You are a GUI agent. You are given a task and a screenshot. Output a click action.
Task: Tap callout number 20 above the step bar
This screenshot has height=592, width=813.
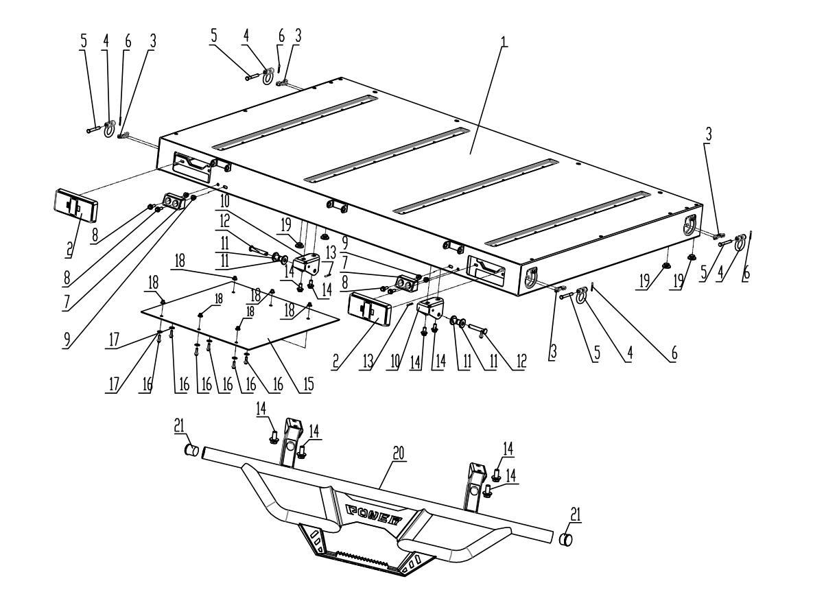point(399,453)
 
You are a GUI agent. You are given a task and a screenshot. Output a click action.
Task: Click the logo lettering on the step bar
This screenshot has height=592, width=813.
point(375,511)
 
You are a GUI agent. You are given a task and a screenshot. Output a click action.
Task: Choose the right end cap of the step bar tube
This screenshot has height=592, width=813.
point(567,538)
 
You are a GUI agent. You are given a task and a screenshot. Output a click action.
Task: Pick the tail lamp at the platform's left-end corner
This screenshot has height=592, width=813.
point(75,206)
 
